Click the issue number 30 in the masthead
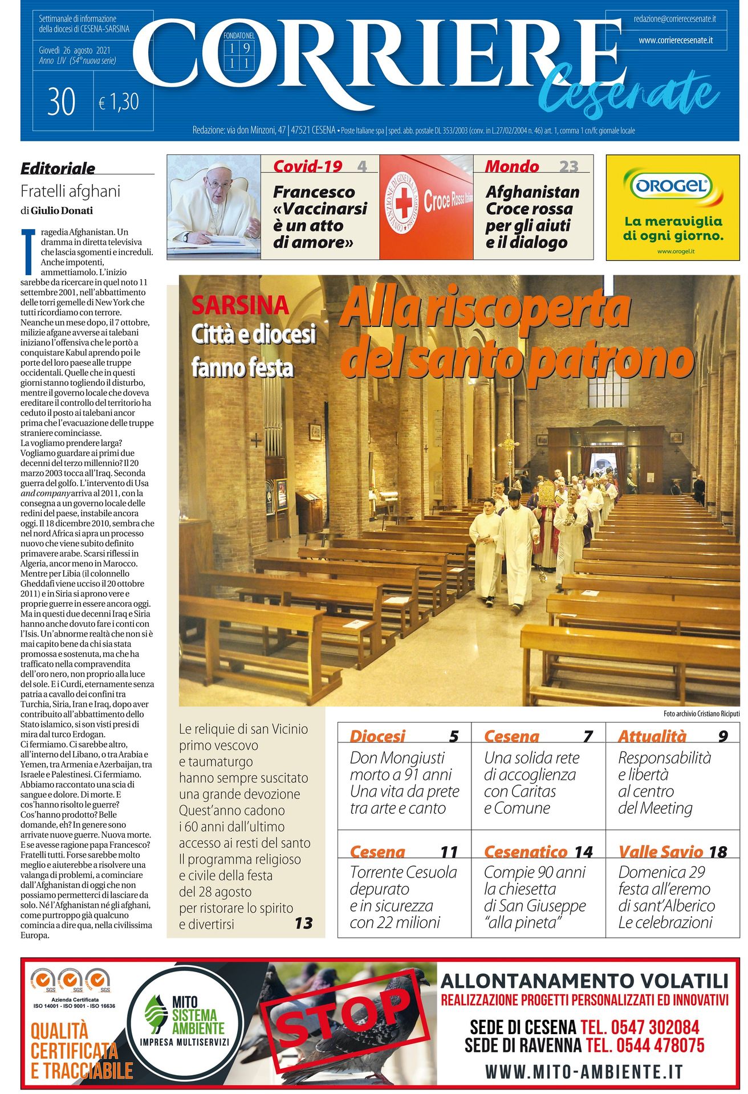coord(62,103)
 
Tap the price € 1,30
coord(119,103)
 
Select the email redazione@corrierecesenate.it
coord(674,19)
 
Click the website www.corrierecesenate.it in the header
coord(676,40)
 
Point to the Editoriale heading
coord(58,169)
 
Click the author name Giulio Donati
coord(62,211)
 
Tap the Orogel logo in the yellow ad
coord(672,186)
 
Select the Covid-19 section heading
coord(307,166)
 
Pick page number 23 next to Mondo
coord(568,166)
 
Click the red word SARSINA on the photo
coord(240,306)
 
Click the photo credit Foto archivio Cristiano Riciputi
coord(701,713)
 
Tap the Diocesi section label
coord(377,736)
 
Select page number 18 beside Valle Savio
coord(718,852)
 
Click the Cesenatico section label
coord(526,852)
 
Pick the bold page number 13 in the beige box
coord(303,923)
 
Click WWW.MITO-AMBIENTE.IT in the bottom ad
coord(583,1072)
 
